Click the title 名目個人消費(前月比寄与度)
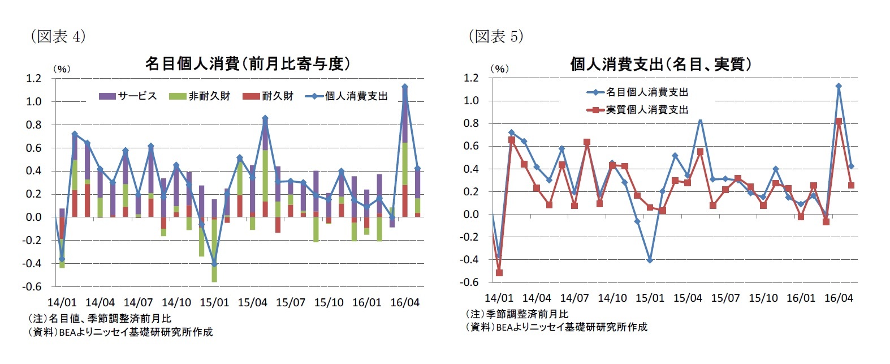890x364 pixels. point(247,64)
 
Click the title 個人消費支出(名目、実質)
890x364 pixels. point(660,64)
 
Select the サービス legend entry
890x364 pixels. point(128,96)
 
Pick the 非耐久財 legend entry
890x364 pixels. point(200,96)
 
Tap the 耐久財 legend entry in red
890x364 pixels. point(269,96)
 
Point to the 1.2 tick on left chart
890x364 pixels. point(33,78)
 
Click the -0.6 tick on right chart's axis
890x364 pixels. point(470,282)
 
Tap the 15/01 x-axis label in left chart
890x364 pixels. point(214,302)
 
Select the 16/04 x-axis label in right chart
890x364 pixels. point(838,298)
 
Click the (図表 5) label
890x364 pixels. point(495,37)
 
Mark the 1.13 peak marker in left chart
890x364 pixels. point(404,87)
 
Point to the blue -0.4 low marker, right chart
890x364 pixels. point(650,260)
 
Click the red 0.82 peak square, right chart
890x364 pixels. point(839,121)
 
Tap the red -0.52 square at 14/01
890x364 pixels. point(499,273)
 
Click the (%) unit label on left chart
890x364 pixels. point(61,69)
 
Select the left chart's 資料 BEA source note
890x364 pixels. point(120,332)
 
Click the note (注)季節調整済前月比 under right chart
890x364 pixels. point(517,314)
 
